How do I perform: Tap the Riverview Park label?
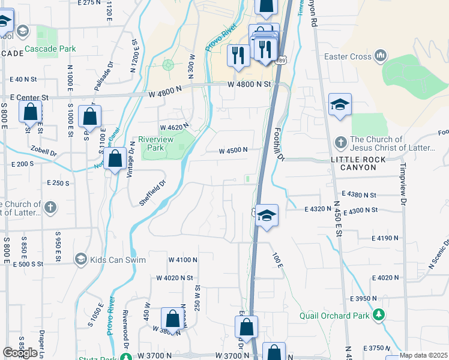pyautogui.click(x=151, y=143)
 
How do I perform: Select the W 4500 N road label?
pyautogui.click(x=234, y=151)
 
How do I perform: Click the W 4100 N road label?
pyautogui.click(x=182, y=260)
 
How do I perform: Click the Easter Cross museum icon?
pyautogui.click(x=379, y=57)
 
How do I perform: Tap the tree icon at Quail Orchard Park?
pyautogui.click(x=378, y=314)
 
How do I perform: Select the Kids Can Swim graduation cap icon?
pyautogui.click(x=80, y=259)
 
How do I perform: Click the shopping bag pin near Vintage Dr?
pyautogui.click(x=115, y=159)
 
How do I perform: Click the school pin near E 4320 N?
pyautogui.click(x=267, y=215)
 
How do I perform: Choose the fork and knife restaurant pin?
pyautogui.click(x=238, y=55)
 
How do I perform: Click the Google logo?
pyautogui.click(x=20, y=353)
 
